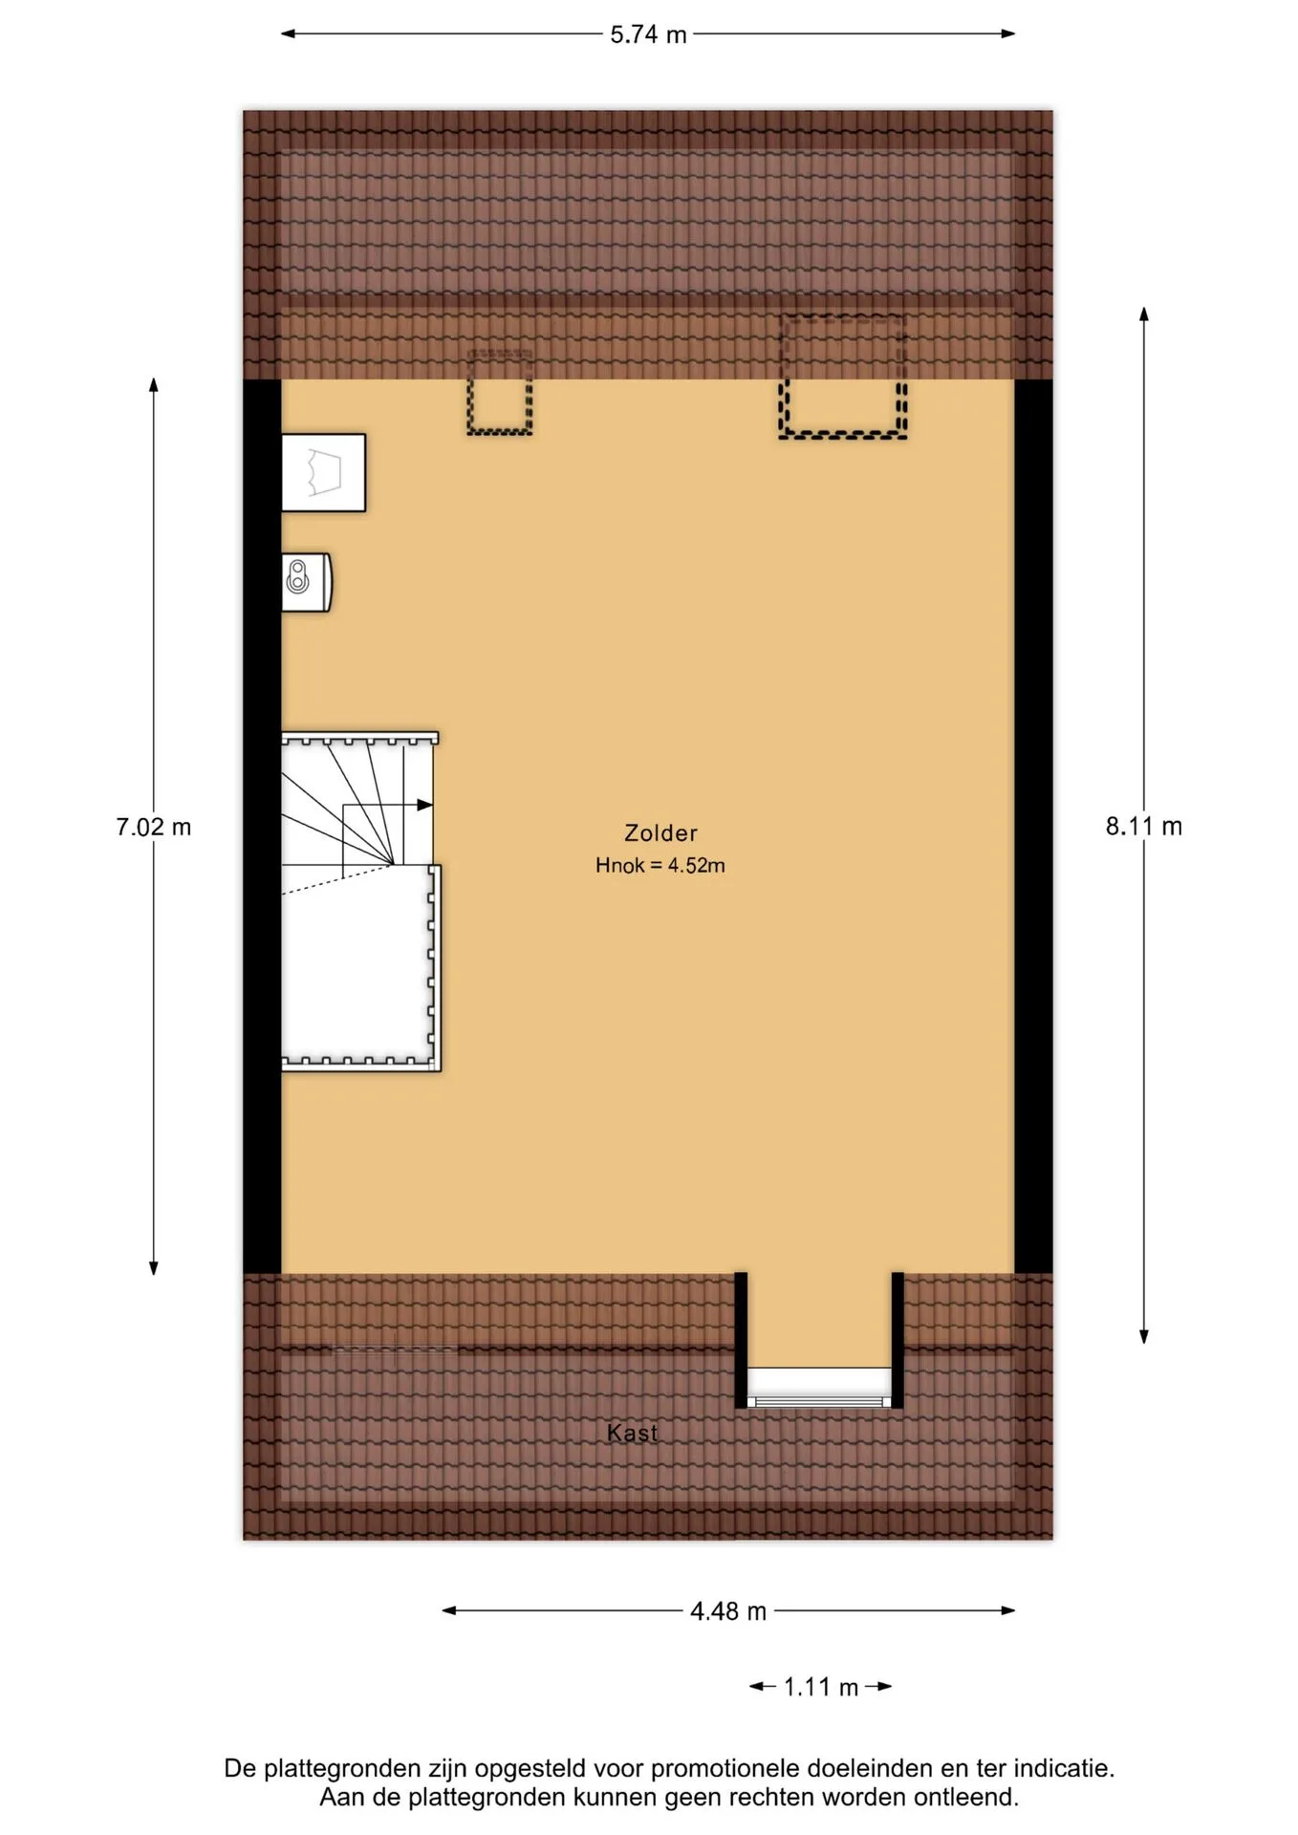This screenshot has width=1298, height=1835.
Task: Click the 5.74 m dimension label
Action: (648, 34)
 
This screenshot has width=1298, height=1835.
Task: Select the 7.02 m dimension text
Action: (154, 827)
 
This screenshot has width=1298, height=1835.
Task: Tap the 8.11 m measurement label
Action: (1144, 826)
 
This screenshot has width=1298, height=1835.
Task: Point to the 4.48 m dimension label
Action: (728, 1611)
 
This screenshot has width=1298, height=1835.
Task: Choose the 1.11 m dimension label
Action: (821, 1687)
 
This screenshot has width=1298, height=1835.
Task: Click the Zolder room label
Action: (660, 833)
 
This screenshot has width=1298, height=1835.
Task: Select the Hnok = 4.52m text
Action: (660, 866)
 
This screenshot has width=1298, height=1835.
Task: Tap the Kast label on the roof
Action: (632, 1433)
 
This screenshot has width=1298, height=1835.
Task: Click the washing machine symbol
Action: (323, 473)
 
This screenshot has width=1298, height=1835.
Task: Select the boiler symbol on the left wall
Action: (306, 582)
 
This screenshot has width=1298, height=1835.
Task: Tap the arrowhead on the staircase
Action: (425, 805)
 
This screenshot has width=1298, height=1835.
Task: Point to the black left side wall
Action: (262, 827)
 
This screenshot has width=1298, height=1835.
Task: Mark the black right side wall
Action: (1033, 827)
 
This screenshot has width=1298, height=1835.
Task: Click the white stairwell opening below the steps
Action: (356, 965)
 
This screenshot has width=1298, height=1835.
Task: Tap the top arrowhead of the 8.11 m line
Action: (1144, 313)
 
